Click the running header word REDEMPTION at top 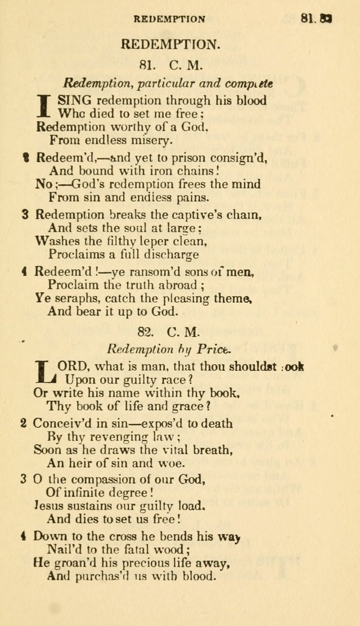[x=169, y=19]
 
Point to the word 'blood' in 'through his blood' [x=251, y=100]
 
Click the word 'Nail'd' [x=64, y=549]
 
